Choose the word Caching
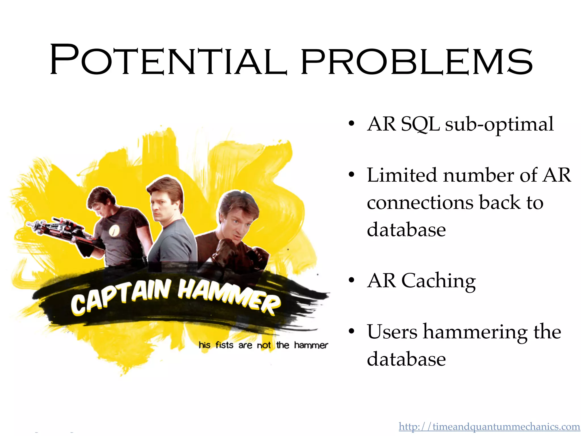click(439, 281)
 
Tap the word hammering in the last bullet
click(475, 332)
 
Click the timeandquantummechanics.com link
click(489, 427)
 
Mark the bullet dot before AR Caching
click(351, 280)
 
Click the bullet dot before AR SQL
click(351, 124)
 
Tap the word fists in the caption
click(224, 345)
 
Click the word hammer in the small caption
click(311, 345)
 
